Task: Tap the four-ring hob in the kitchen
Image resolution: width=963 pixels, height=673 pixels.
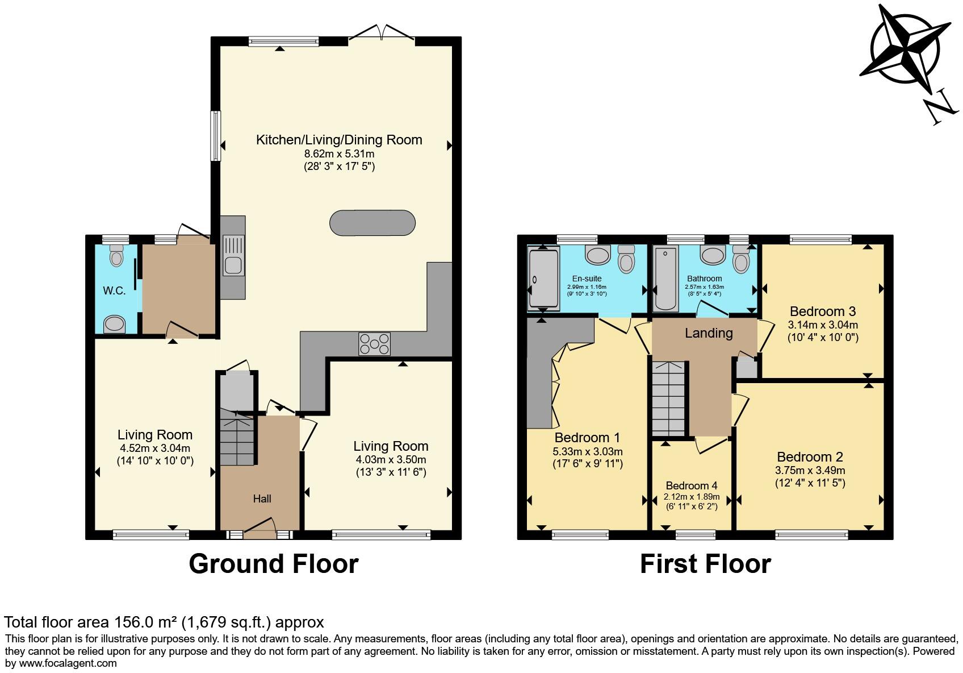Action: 374,343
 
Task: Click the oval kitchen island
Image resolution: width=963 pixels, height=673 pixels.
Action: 372,222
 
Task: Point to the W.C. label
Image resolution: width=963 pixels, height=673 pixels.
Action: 114,290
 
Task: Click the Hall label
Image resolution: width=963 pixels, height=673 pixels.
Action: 262,498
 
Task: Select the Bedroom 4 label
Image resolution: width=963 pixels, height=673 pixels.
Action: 691,485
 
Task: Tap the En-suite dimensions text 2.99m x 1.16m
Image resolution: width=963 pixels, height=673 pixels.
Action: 587,287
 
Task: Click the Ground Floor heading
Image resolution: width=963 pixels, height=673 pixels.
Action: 273,563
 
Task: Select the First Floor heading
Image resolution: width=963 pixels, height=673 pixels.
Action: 705,563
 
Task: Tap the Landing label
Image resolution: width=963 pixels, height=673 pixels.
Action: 708,333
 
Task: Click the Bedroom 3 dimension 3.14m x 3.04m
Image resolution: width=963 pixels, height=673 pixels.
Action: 822,325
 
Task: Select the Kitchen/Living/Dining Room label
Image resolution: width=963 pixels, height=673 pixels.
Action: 339,140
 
